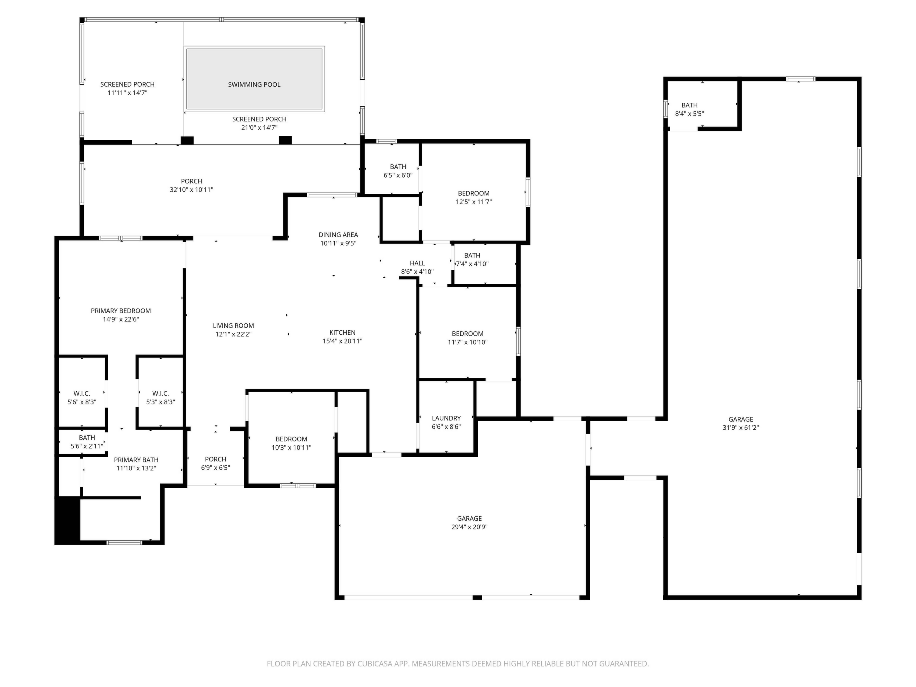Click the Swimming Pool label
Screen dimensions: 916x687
[254, 84]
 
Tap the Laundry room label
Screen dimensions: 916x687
[446, 418]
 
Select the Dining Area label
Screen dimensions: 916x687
[338, 235]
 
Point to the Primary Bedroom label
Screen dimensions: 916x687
[121, 311]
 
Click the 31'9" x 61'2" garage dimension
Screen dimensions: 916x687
[741, 428]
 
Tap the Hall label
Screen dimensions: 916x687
[417, 263]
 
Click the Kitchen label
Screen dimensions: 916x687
[342, 332]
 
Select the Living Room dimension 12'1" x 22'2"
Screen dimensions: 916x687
[233, 334]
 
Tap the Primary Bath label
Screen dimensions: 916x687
[136, 460]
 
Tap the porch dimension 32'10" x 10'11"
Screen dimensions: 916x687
[191, 190]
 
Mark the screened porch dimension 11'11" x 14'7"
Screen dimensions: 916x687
[128, 93]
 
